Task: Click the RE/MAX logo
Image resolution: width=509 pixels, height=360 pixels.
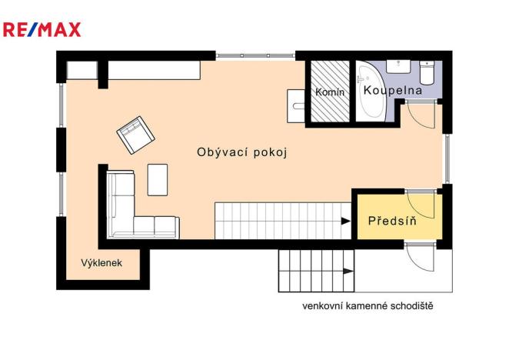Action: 42,30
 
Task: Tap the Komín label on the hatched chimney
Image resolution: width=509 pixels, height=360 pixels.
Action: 331,92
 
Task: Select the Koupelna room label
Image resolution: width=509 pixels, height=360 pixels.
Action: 393,91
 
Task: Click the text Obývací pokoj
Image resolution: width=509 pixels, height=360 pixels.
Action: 242,152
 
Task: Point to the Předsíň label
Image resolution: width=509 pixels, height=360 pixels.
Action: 392,221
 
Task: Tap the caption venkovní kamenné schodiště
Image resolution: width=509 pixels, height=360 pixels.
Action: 368,306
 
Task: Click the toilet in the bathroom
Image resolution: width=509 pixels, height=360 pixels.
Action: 427,73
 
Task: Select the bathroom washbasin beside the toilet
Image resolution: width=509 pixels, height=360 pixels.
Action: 398,66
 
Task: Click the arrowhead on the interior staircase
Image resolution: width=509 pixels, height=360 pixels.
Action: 344,221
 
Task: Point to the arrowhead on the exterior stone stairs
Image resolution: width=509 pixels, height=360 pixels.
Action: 350,271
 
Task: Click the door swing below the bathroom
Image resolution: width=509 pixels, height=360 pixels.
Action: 419,115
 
